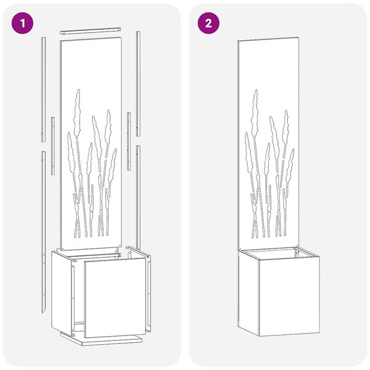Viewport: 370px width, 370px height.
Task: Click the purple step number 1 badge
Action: click(x=23, y=23)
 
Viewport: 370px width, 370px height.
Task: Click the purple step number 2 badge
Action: click(x=208, y=23)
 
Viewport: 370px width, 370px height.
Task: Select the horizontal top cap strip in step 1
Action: click(x=93, y=30)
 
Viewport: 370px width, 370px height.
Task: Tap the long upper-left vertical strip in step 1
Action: click(x=43, y=86)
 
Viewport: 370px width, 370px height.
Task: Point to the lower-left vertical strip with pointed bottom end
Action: click(x=45, y=228)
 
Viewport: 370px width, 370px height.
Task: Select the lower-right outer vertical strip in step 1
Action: click(x=139, y=197)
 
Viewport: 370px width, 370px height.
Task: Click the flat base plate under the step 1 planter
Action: click(x=102, y=339)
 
